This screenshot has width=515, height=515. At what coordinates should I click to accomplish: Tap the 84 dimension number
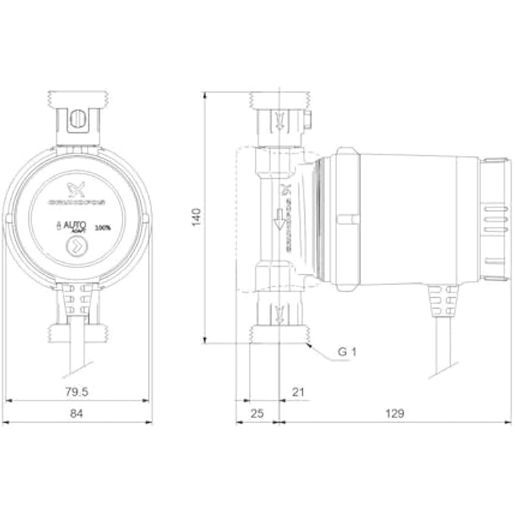tap(77, 414)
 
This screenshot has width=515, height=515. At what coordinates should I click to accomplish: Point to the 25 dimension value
tap(257, 414)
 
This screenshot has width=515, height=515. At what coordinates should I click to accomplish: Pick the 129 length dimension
tap(394, 414)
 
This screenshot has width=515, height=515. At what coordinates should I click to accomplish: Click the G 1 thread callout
tap(346, 353)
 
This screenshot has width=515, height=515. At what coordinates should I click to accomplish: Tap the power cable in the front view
tap(76, 348)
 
